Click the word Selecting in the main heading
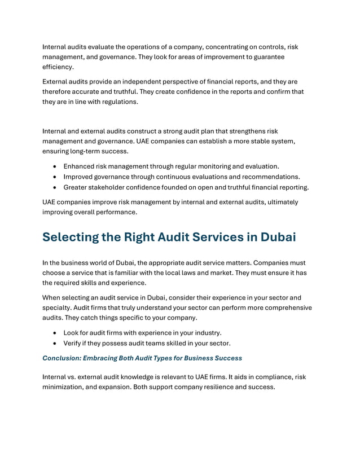coord(71,238)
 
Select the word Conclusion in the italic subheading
coord(63,358)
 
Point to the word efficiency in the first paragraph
coord(58,67)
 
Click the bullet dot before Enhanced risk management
coord(54,167)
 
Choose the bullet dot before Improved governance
coord(54,177)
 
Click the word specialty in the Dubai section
coord(59,307)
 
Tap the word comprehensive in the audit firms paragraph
coord(283,307)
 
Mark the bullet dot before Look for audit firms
coord(54,333)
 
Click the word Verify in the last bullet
coord(73,344)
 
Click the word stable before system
coord(261,141)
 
